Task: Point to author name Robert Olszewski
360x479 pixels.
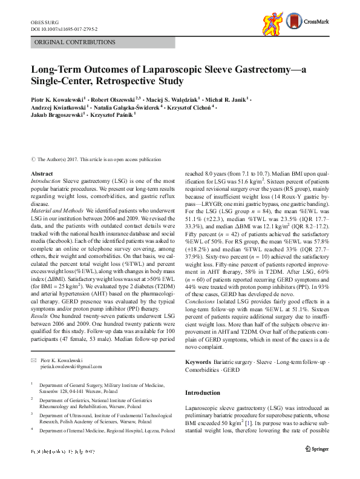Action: [x=115, y=98]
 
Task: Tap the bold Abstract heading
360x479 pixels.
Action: [x=41, y=174]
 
